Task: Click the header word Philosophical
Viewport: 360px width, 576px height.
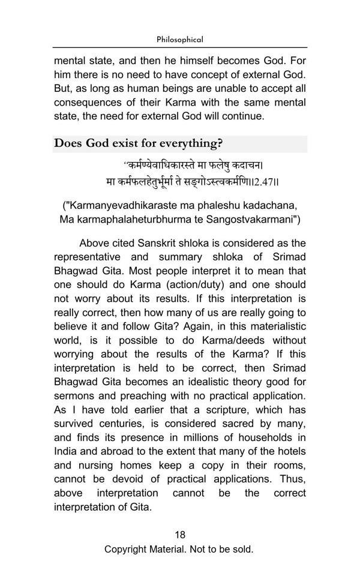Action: [x=180, y=40]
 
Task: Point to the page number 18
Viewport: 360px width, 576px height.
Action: [x=180, y=535]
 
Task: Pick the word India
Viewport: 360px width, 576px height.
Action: [x=65, y=451]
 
